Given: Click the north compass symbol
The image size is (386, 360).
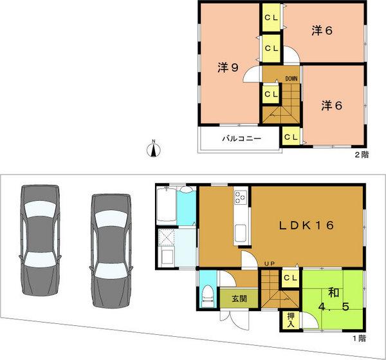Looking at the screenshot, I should [x=153, y=149].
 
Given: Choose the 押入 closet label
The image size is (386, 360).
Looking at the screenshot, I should [x=290, y=319].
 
